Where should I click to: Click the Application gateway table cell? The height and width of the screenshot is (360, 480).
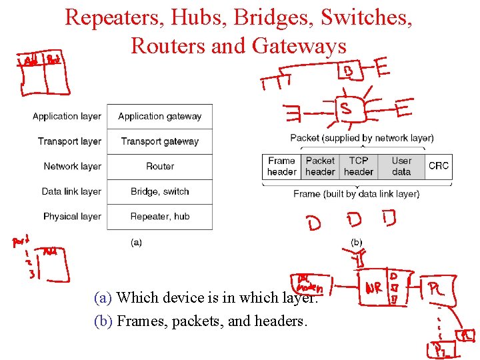(159, 117)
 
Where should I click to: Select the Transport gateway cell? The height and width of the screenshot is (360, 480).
(159, 141)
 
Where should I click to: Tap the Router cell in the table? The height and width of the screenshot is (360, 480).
(159, 167)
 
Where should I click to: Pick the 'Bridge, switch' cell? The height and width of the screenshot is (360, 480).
(159, 191)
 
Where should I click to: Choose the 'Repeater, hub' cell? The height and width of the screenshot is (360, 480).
(159, 217)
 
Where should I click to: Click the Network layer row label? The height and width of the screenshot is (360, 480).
(72, 167)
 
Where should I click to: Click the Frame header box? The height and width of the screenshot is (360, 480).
(281, 166)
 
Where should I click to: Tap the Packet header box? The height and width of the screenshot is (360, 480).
(320, 166)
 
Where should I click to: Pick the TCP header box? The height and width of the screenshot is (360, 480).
(359, 166)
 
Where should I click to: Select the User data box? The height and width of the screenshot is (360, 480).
(401, 166)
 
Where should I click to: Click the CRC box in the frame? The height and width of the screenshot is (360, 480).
(439, 166)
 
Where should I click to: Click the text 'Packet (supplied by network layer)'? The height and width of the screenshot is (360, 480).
(361, 138)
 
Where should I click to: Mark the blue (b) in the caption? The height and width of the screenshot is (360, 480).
(103, 321)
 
